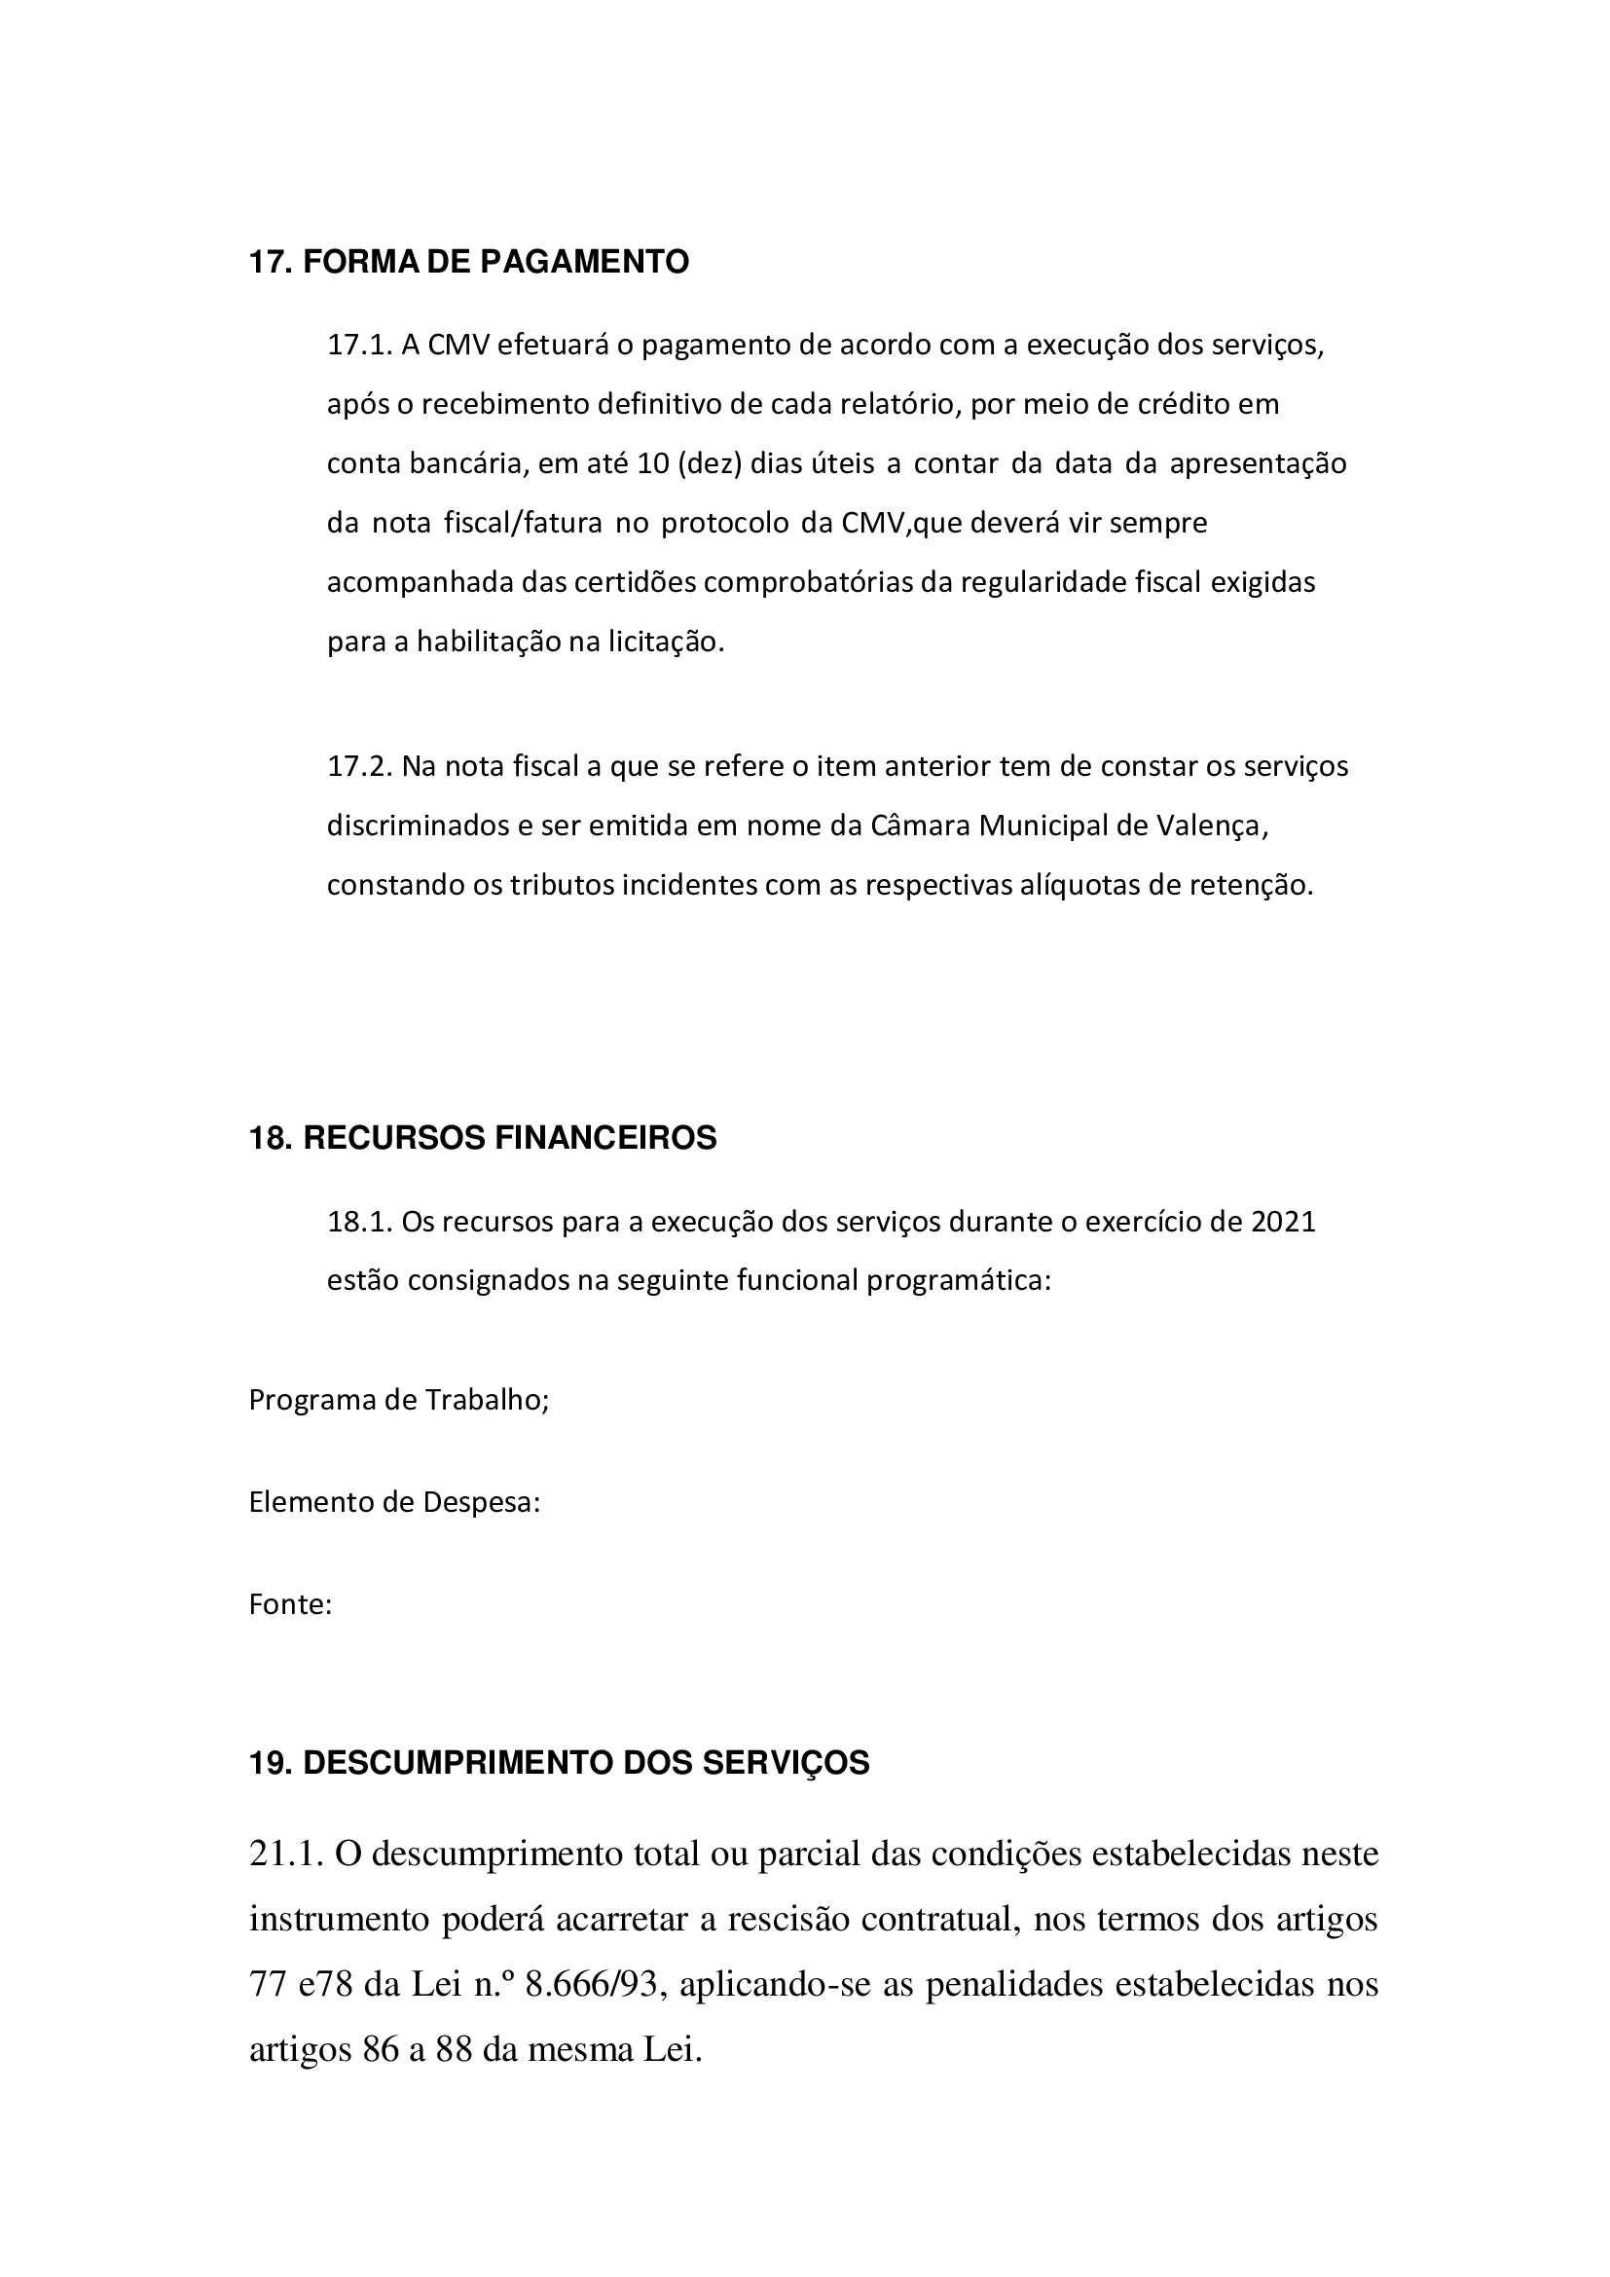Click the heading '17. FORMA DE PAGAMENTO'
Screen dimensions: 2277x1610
[468, 263]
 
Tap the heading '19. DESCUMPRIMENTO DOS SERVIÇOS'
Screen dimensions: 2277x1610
[558, 1762]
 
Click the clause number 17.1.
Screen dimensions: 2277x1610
[361, 347]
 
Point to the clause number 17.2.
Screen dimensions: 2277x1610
[361, 766]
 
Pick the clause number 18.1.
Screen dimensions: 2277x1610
[361, 1222]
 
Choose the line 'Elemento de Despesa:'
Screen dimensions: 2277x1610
[394, 1502]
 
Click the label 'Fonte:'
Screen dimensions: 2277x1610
[290, 1604]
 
